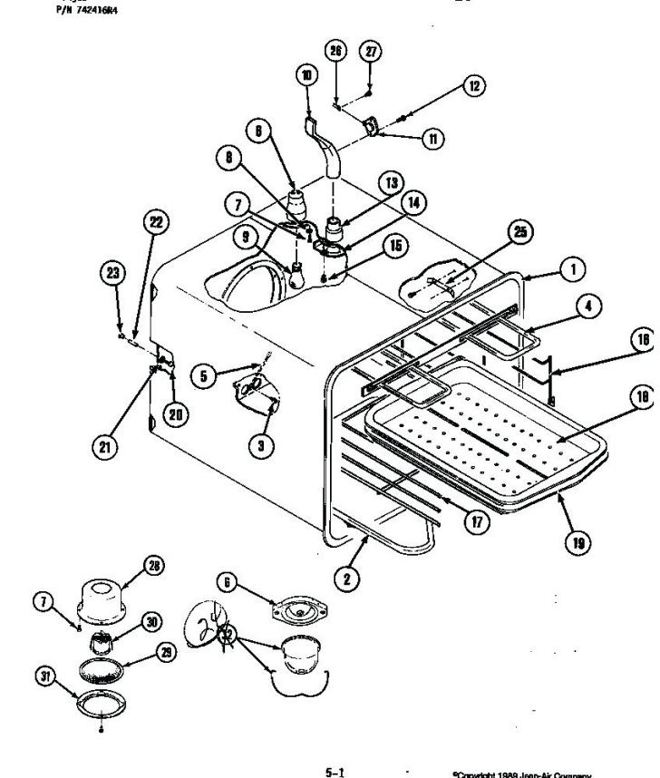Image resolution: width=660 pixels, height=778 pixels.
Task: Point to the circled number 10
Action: [306, 76]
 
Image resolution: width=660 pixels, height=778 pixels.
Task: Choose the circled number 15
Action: [393, 245]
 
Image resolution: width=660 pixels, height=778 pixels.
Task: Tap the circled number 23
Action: [113, 272]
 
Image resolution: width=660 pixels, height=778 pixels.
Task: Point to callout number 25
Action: [519, 232]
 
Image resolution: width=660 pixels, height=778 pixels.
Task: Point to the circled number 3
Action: [261, 447]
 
